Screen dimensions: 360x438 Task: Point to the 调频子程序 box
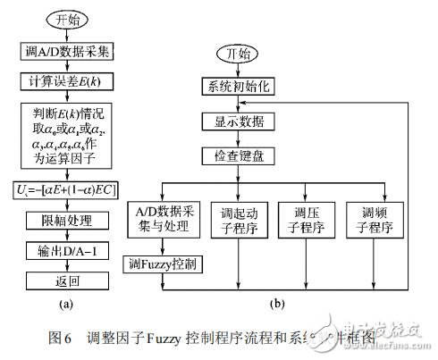[x=371, y=222]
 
